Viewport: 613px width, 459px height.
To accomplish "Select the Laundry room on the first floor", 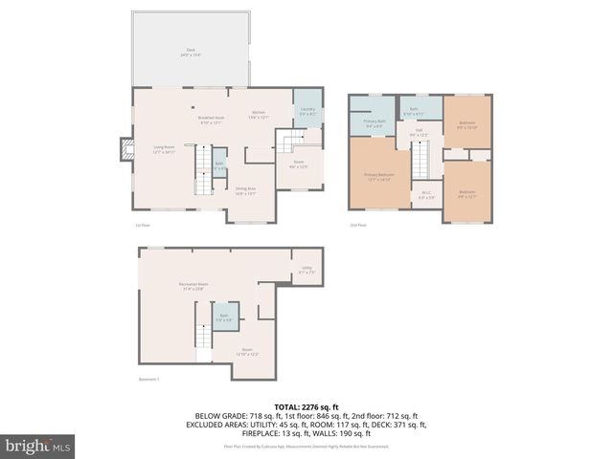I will click(306, 111).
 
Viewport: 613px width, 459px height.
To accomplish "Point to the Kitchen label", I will click(258, 115).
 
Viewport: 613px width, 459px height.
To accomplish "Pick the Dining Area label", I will click(245, 190).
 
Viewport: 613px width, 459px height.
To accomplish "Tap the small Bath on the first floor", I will click(219, 164).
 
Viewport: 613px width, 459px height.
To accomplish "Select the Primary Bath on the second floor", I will click(375, 122).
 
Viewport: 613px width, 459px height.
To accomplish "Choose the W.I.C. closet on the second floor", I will click(427, 196).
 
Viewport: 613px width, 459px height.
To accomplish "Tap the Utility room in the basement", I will click(306, 270).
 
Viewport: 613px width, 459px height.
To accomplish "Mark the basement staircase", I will click(202, 338).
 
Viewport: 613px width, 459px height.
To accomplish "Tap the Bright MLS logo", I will click(38, 446).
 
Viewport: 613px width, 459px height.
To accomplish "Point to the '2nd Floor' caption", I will click(358, 225).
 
